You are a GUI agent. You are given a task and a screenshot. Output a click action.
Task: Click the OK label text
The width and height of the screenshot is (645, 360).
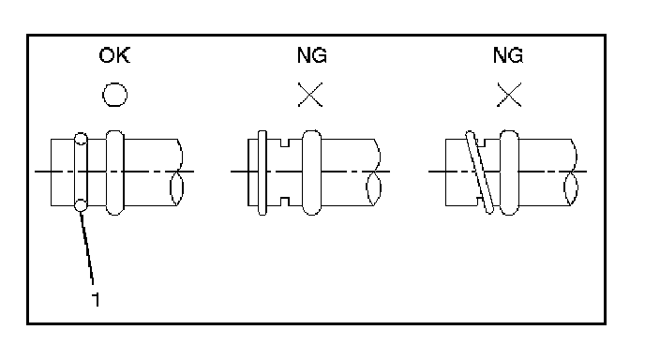pos(114,55)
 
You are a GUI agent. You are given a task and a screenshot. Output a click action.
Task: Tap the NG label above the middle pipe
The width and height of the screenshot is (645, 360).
pos(312,55)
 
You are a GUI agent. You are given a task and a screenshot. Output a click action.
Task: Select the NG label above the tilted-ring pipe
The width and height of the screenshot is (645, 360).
pos(508,55)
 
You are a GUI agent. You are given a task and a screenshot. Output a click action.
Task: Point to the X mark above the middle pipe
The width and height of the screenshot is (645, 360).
pos(310,95)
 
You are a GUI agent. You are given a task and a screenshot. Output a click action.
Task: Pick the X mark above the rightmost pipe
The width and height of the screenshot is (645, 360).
pos(509,95)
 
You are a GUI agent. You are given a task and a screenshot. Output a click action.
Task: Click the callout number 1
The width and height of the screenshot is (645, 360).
pos(96,299)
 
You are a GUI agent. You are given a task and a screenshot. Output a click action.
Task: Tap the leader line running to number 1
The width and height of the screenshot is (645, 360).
pos(87,247)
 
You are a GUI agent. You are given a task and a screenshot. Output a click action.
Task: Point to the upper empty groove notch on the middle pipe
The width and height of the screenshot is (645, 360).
pos(285,142)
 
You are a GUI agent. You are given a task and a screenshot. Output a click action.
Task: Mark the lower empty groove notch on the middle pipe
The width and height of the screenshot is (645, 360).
pos(285,202)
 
